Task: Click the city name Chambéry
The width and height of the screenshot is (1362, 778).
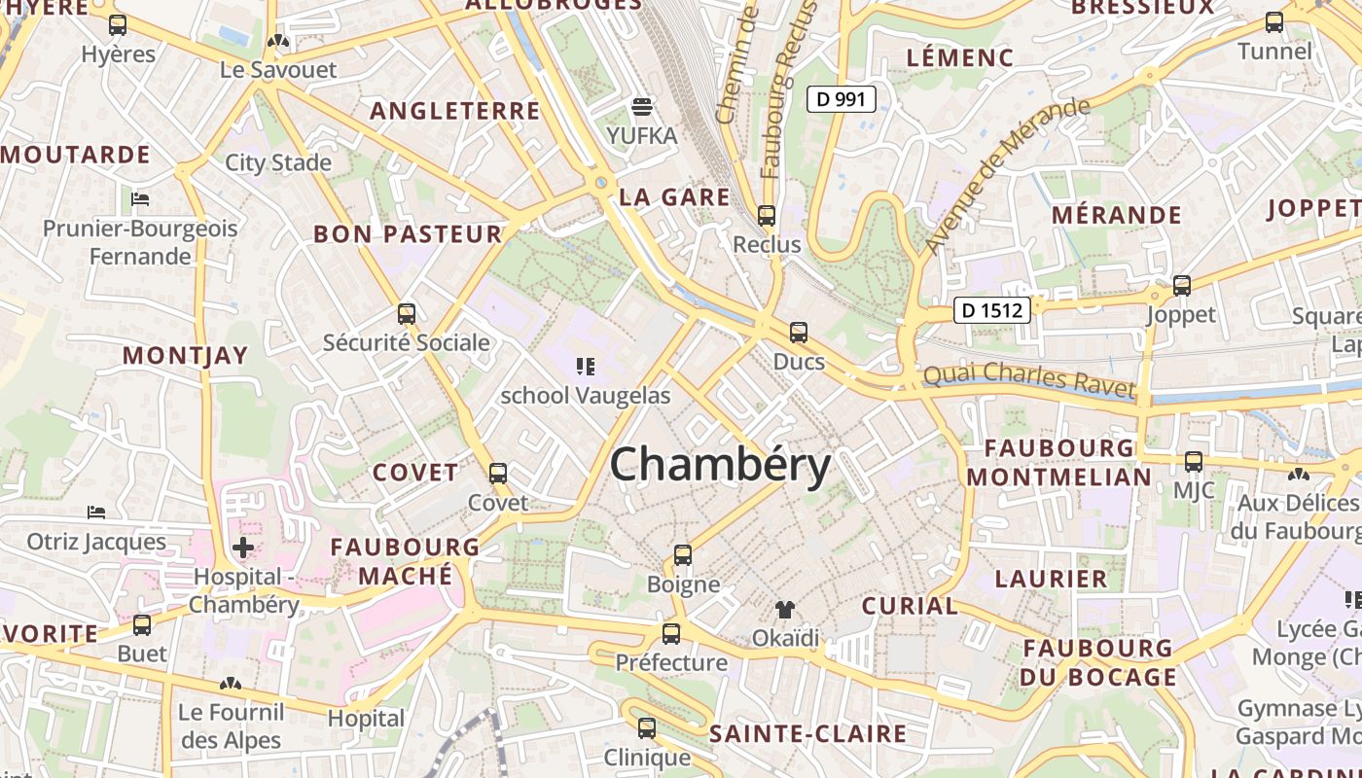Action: (720, 465)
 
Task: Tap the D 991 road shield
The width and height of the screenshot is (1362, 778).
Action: (842, 98)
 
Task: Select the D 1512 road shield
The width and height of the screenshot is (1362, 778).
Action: (991, 310)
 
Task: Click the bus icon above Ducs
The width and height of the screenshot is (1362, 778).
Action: (799, 333)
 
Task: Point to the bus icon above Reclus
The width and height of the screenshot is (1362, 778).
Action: (767, 215)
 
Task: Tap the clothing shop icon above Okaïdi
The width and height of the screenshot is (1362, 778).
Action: (785, 610)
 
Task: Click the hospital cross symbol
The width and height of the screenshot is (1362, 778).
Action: (243, 548)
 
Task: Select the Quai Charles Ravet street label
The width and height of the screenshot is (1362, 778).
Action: (1028, 378)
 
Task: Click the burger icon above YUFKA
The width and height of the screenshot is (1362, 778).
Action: (642, 106)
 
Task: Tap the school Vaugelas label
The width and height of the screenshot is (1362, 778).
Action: (586, 396)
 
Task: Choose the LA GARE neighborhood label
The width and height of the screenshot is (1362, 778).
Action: (674, 197)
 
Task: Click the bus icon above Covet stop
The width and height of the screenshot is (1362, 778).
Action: (498, 474)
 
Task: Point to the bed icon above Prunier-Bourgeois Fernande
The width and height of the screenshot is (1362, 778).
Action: (140, 200)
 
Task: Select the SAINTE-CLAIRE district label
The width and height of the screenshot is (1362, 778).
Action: (808, 733)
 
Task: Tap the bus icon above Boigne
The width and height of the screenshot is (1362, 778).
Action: (683, 555)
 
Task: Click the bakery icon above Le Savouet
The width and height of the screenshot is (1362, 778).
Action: (278, 42)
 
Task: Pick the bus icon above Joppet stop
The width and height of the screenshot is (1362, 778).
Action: (1182, 286)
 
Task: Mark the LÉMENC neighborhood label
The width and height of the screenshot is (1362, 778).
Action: (960, 57)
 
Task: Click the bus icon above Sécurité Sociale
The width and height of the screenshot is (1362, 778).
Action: (407, 314)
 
